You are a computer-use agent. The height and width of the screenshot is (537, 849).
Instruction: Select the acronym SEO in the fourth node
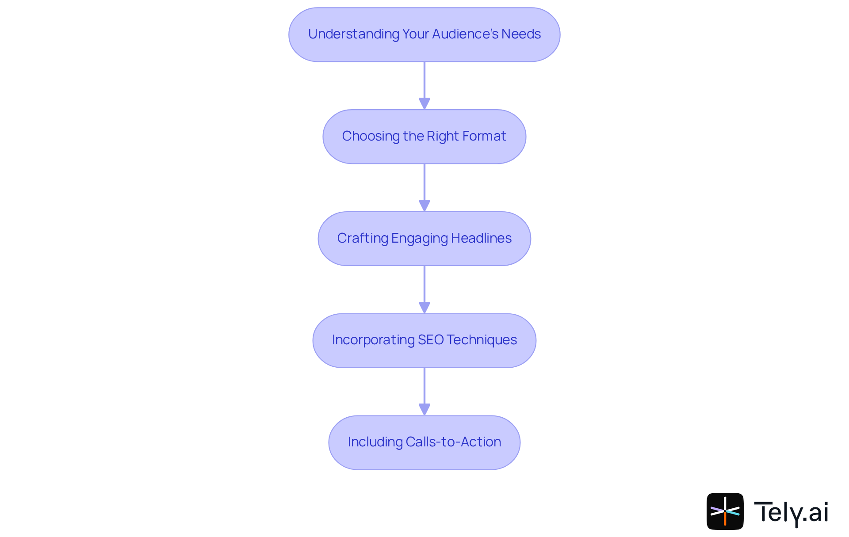pyautogui.click(x=430, y=340)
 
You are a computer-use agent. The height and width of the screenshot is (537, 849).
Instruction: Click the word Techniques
pyautogui.click(x=482, y=340)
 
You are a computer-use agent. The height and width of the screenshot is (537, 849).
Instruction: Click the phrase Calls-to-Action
pyautogui.click(x=453, y=442)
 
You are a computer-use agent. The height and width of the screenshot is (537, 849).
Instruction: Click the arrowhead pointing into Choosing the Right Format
pyautogui.click(x=424, y=103)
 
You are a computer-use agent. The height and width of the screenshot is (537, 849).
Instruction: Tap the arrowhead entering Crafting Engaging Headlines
pyautogui.click(x=424, y=206)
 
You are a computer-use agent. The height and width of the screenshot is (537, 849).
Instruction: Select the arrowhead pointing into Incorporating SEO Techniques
pyautogui.click(x=424, y=308)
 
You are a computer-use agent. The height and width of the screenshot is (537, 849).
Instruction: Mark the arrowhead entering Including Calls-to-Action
pyautogui.click(x=424, y=409)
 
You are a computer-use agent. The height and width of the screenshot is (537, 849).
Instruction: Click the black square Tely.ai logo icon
pyautogui.click(x=725, y=511)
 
